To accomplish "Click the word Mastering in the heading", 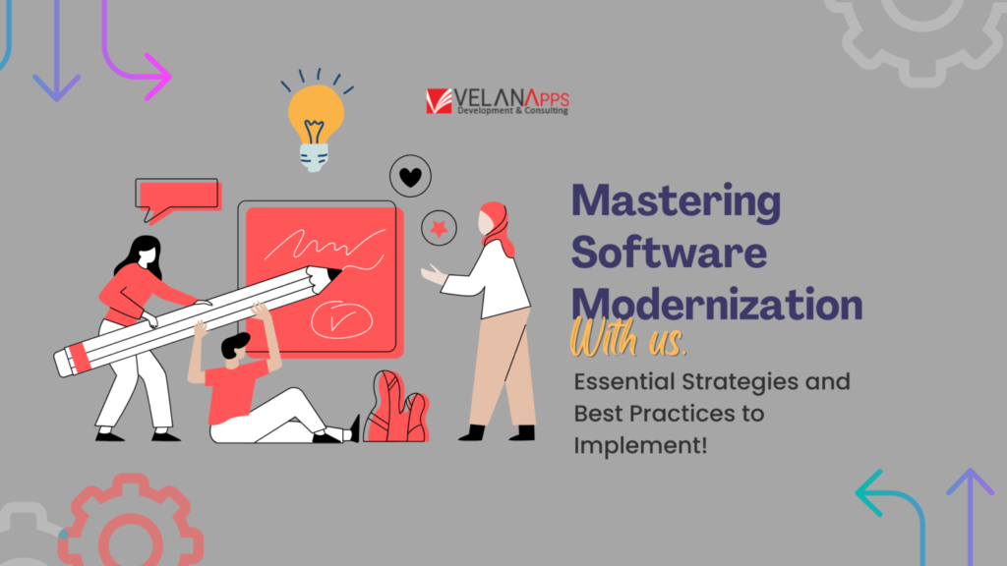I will [x=677, y=201].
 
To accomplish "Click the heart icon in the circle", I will [x=410, y=177].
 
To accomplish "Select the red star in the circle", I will [x=438, y=229].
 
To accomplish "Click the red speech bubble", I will [x=177, y=198].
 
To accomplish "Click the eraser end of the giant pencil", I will [x=69, y=359].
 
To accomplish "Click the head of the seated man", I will [x=234, y=347].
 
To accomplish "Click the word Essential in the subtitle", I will [x=623, y=381].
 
